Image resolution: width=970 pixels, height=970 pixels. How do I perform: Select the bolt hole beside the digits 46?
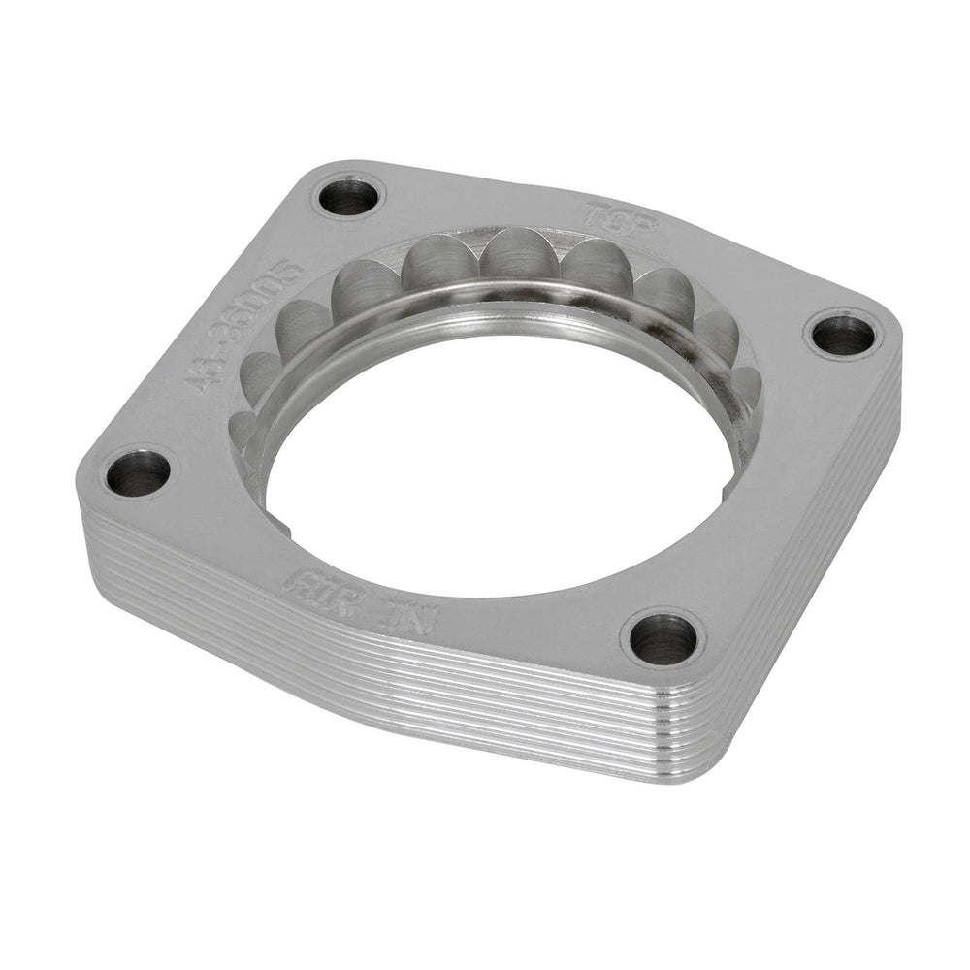click(x=138, y=473)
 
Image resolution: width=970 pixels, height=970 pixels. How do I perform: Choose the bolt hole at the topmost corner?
click(x=347, y=197)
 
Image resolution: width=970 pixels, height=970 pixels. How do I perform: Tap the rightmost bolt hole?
click(x=841, y=335)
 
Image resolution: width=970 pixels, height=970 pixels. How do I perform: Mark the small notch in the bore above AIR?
click(x=288, y=529)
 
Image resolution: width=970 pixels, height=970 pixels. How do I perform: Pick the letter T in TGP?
click(x=594, y=212)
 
